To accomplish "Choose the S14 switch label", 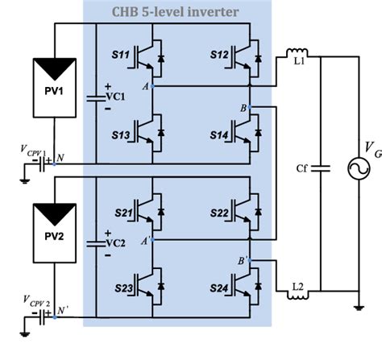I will [x=219, y=130].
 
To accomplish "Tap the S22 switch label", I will [x=219, y=212].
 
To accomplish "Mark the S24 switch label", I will [x=219, y=285].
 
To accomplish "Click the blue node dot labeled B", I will [x=251, y=107].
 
